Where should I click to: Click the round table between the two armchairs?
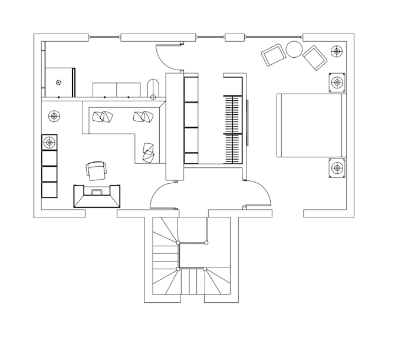(294, 49)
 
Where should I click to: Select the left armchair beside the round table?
(274, 56)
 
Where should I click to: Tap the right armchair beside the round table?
(314, 58)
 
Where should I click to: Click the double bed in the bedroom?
(310, 125)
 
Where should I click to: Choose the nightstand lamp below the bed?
(337, 167)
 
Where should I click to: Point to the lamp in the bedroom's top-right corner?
(337, 51)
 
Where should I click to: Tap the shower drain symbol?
(58, 82)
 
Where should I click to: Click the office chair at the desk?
(97, 171)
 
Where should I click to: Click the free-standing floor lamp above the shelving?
(54, 116)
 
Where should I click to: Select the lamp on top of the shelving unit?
(50, 142)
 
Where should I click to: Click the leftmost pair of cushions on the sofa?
(101, 117)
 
